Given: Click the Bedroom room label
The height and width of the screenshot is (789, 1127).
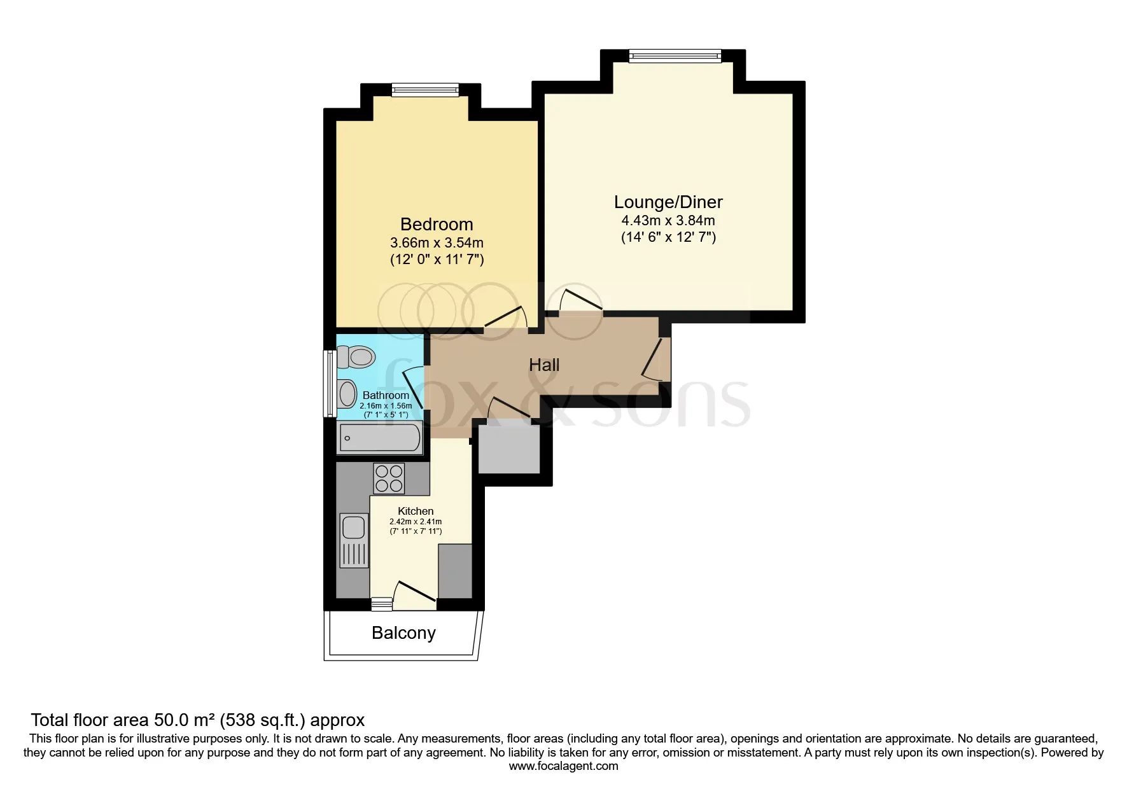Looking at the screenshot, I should coord(436,224).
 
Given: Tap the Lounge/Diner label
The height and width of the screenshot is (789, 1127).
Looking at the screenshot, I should coord(668,202).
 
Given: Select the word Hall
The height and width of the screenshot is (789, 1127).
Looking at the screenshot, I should coord(544,365).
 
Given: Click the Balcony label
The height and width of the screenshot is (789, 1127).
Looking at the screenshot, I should coord(403,632).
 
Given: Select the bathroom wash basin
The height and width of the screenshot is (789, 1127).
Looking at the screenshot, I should coord(347,393).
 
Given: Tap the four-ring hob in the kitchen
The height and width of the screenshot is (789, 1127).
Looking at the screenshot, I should coord(389,478).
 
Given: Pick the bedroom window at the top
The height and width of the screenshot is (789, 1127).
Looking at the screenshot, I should coord(425,91).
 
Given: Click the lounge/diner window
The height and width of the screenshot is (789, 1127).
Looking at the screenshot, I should coord(675,56).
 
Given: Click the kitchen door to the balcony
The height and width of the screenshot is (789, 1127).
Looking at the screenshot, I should coord(414,591).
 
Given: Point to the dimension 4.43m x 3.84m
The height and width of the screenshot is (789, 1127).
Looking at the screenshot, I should coord(668,221).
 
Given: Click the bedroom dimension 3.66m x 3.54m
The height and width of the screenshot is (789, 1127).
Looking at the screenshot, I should coord(436,242).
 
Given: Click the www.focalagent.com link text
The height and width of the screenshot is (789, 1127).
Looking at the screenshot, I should coord(563,766).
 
